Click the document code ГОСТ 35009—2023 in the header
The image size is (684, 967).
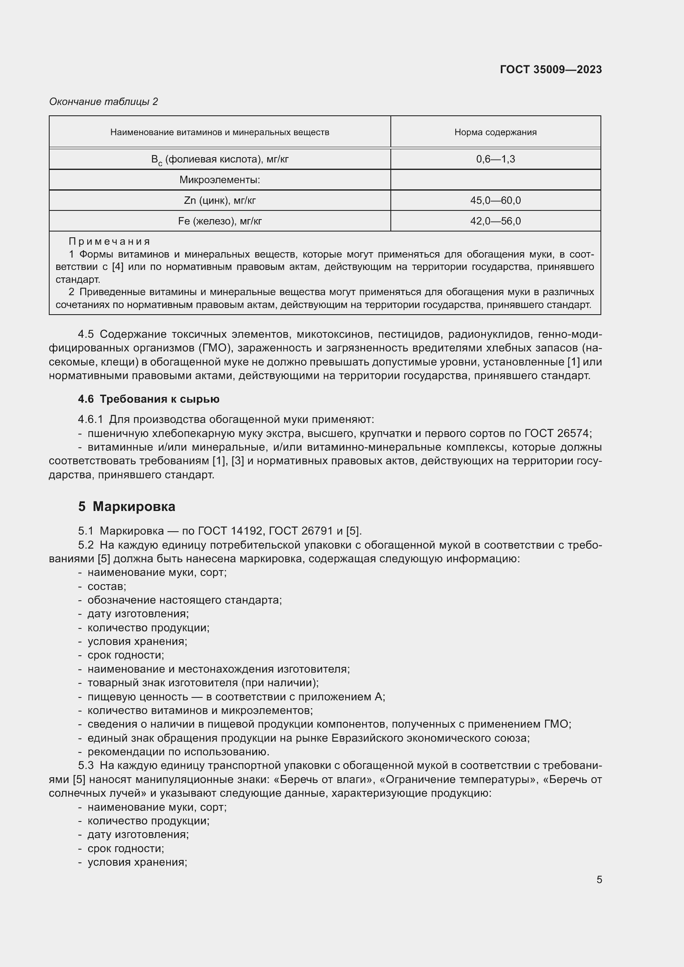pos(550,69)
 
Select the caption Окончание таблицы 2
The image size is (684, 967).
pos(104,102)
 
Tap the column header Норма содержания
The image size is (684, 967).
pos(495,132)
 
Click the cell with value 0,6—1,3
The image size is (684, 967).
pos(495,159)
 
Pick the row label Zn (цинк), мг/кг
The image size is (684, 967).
pos(220,201)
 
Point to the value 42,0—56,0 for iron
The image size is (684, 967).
pos(495,221)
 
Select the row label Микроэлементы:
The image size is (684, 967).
pos(220,180)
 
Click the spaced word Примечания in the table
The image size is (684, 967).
pos(110,241)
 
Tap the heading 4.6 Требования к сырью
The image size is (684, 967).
pos(149,399)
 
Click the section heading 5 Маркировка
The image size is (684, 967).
pos(127,506)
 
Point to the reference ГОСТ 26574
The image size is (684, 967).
pos(557,433)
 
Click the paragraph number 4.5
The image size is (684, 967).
pos(86,334)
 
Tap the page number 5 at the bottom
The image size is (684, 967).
pos(599,879)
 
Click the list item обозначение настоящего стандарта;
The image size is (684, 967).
pos(184,600)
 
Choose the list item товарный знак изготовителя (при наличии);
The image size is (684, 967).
pos(203,682)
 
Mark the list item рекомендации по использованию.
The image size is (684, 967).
pos(178,751)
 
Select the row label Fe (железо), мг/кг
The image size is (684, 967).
pos(220,221)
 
